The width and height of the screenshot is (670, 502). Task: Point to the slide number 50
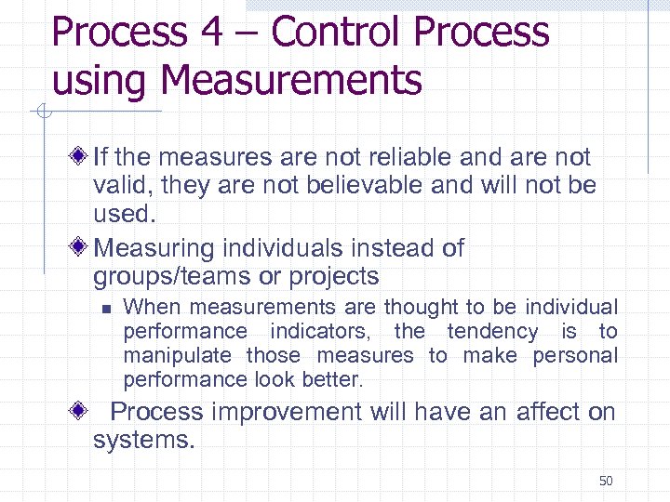[x=606, y=481]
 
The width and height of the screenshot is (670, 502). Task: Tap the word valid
[x=121, y=185]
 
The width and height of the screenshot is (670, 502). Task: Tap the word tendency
[x=492, y=331]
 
